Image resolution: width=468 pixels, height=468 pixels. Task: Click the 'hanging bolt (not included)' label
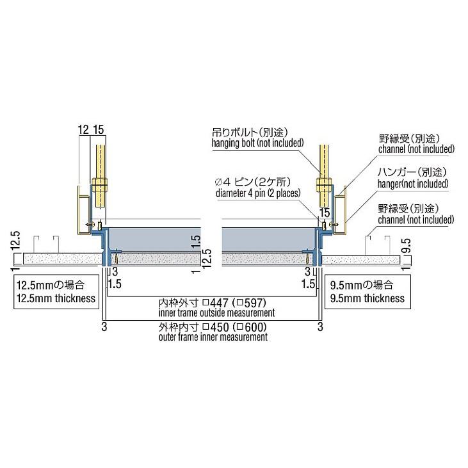[x=257, y=143]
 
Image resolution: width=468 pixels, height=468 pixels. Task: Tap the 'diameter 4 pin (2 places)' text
[x=258, y=193]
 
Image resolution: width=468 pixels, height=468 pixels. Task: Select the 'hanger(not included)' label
[x=413, y=184]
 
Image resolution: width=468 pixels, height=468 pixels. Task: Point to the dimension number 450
[x=220, y=327]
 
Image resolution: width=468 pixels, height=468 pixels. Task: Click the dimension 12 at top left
[x=83, y=130]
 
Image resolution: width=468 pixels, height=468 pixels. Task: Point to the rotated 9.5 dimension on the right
[x=407, y=245]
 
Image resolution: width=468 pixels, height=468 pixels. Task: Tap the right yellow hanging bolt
[x=324, y=176]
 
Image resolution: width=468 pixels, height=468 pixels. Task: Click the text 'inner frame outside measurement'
[x=216, y=313]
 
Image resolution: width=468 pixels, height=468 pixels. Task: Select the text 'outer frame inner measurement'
[x=213, y=337]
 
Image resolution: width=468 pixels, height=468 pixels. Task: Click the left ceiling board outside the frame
[x=62, y=259]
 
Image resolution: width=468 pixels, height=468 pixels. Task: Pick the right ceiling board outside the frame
[x=361, y=260]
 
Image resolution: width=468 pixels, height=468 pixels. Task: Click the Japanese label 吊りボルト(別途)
[x=250, y=133]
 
